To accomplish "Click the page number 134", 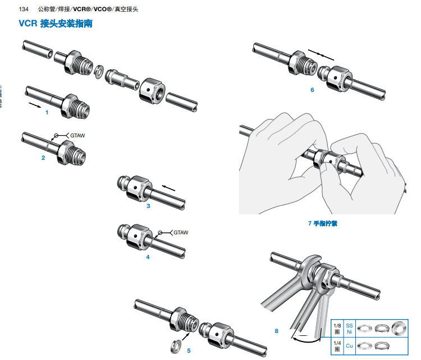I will click(24, 10).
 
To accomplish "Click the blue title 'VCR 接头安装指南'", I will click(56, 24).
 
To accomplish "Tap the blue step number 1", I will click(47, 112).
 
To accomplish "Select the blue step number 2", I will click(43, 158).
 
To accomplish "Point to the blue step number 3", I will click(148, 206).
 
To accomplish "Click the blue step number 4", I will click(148, 257).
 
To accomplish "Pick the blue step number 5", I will click(189, 350).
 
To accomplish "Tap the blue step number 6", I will click(312, 90).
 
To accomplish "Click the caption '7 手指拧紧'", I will click(323, 223).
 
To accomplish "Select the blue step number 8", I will click(276, 331).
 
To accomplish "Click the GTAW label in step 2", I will click(76, 136).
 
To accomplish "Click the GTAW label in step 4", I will click(180, 232).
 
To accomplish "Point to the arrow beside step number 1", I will click(35, 104).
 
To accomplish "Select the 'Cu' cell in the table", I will click(349, 347).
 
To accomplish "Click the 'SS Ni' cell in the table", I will click(349, 329).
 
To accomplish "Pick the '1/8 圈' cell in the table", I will click(337, 329).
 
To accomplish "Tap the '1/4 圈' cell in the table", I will click(337, 347).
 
